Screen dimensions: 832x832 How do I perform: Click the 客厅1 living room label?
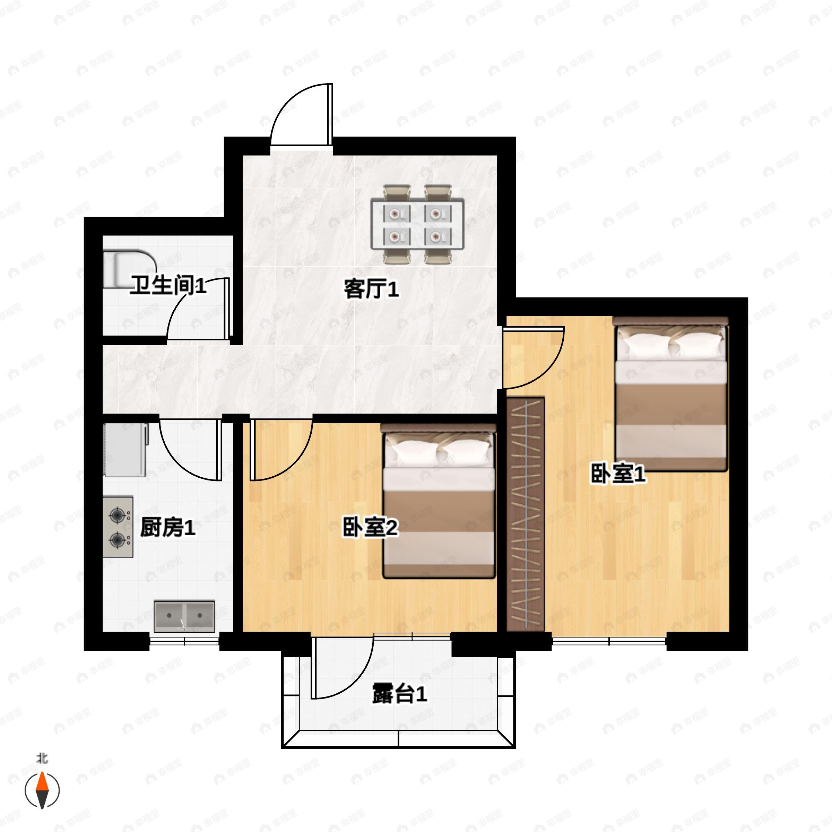(x=371, y=289)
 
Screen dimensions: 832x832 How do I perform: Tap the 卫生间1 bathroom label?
(x=168, y=286)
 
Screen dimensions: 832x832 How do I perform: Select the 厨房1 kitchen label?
(x=167, y=528)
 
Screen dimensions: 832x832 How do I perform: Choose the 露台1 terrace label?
(x=399, y=694)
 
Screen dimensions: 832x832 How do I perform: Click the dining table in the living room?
(x=418, y=224)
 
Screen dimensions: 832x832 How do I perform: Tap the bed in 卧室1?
(x=671, y=394)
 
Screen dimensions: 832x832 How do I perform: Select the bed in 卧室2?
(x=439, y=501)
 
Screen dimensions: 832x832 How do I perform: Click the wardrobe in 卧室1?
(x=526, y=514)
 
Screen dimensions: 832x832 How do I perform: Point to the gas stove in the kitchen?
(x=118, y=527)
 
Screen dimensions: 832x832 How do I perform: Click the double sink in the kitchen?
(x=184, y=616)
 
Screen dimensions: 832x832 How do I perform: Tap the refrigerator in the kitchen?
(x=125, y=450)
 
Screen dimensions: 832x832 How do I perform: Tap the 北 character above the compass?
(x=42, y=759)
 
